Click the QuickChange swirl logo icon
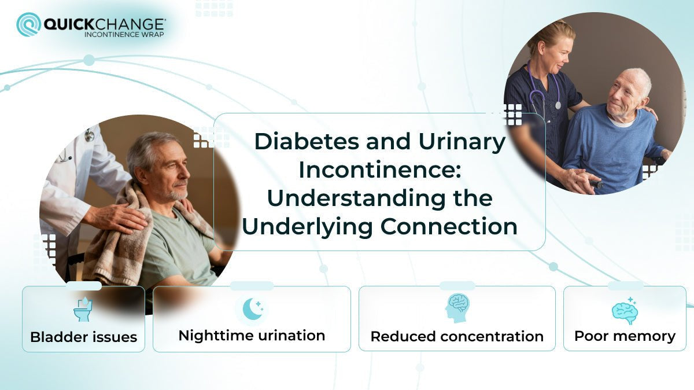coord(28,24)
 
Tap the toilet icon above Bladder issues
coord(83,310)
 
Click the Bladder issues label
coord(83,337)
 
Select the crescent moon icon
coord(252,309)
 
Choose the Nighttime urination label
coord(252,336)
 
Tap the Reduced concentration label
coord(457,336)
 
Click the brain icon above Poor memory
coord(625,311)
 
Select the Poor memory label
coord(625,336)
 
